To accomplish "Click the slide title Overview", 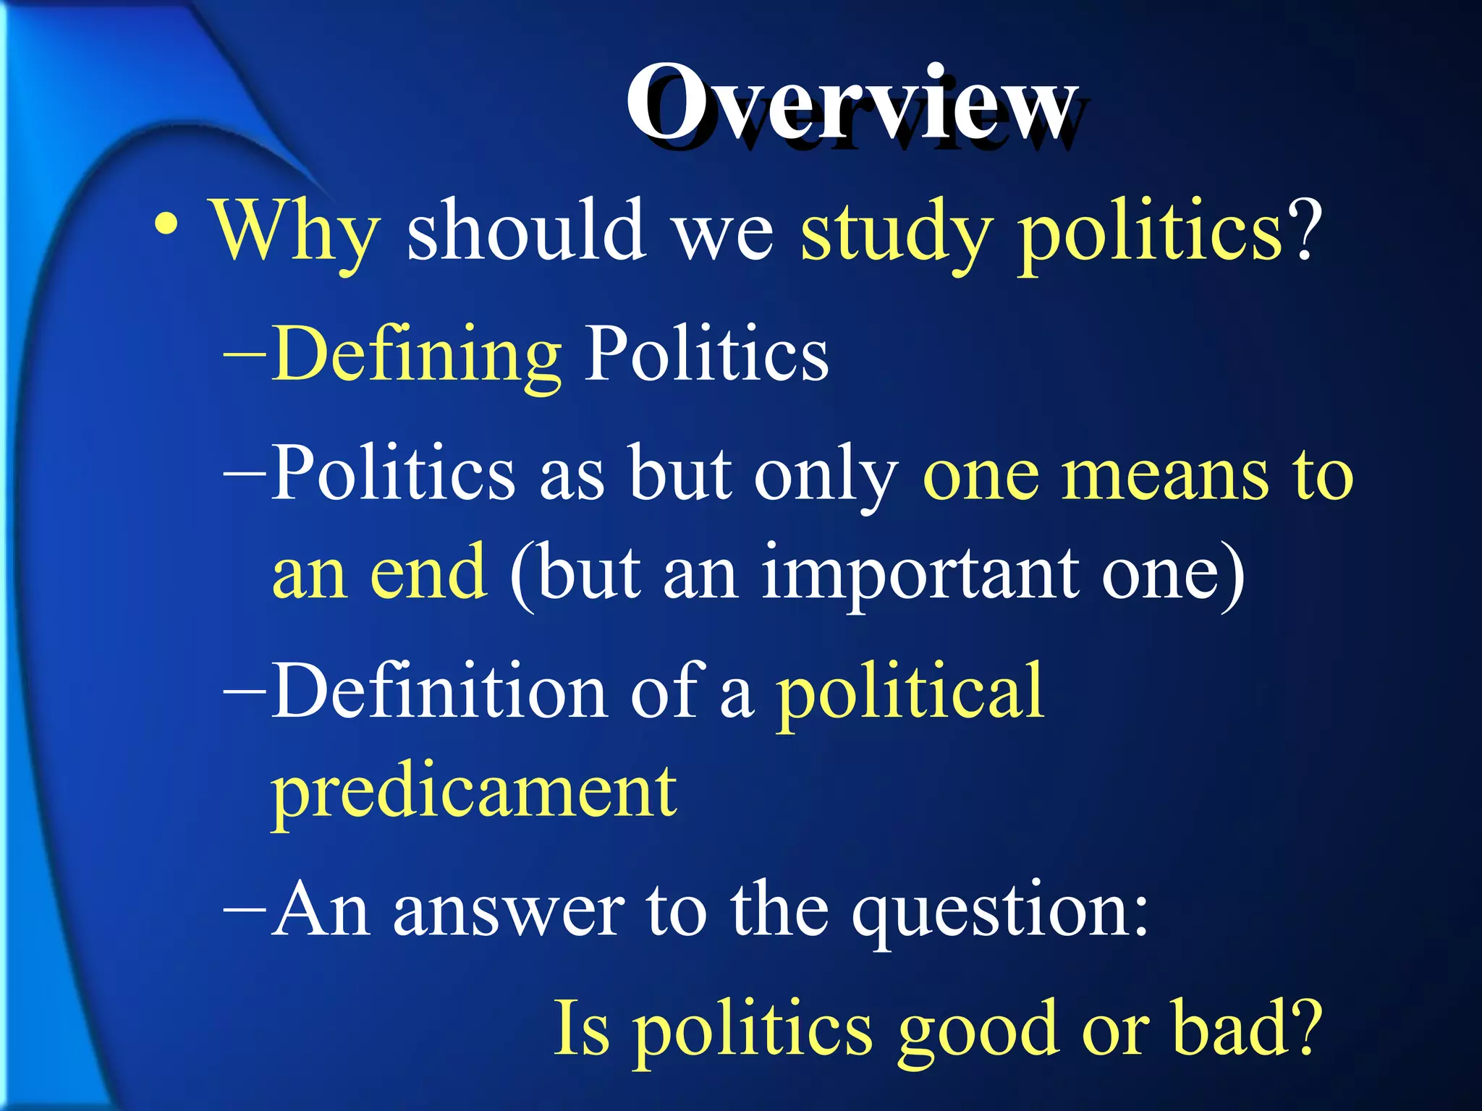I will (850, 105).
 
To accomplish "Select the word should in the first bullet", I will (526, 230).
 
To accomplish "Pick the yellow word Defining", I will (417, 354).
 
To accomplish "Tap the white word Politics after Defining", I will (706, 353).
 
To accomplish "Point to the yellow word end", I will (428, 573).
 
